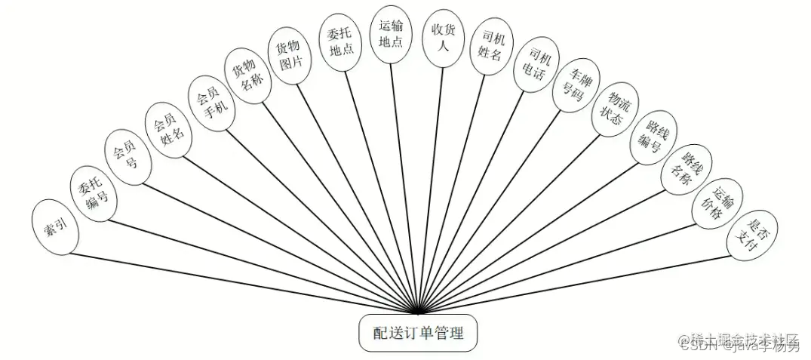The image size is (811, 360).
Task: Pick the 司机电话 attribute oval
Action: pyautogui.click(x=531, y=66)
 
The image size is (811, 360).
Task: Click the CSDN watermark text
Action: pyautogui.click(x=693, y=347)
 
